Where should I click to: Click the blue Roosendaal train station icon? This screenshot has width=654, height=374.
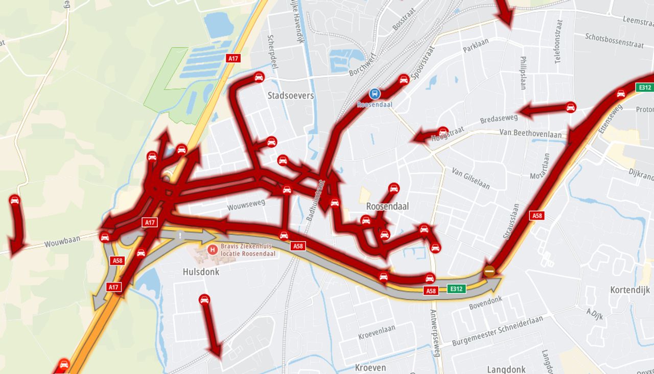(x=375, y=94)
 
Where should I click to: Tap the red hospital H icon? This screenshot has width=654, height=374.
(x=212, y=249)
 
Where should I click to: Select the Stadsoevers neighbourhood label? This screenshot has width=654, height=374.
(x=290, y=96)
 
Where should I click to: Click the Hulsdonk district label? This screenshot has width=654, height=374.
(x=201, y=272)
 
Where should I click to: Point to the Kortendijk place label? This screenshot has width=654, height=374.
(x=630, y=290)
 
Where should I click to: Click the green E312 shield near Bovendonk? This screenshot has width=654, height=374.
(x=457, y=289)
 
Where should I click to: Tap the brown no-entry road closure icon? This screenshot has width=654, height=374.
(x=489, y=271)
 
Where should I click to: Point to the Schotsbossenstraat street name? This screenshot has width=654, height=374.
(x=614, y=40)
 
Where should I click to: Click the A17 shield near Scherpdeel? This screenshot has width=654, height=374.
(x=233, y=58)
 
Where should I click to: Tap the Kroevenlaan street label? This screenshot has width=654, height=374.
(x=377, y=332)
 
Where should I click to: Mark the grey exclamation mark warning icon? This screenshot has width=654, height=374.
(x=180, y=236)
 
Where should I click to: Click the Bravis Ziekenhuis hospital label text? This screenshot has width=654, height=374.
(x=248, y=249)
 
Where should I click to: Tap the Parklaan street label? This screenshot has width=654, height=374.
(x=476, y=45)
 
